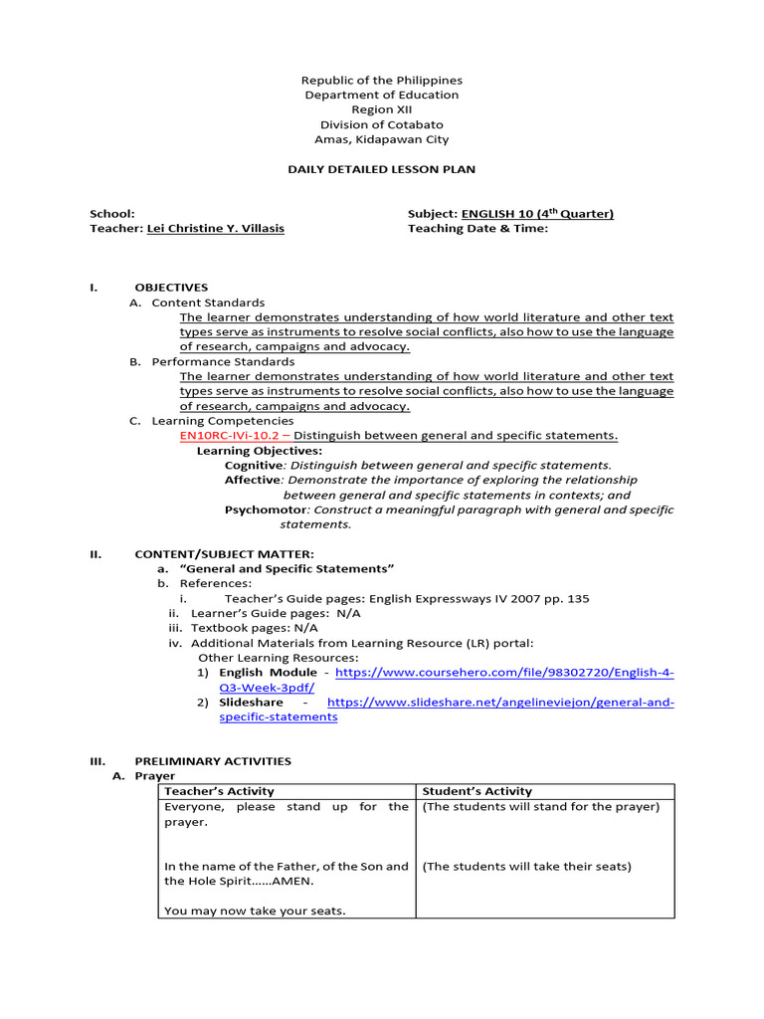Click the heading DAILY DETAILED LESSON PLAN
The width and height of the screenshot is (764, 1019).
382,169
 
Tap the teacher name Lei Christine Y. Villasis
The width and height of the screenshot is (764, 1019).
215,228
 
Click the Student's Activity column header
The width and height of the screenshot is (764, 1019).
477,791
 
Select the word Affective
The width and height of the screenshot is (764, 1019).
253,480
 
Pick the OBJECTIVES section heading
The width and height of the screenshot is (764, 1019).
171,287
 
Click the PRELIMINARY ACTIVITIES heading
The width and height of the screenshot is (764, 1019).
213,761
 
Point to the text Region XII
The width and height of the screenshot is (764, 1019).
382,109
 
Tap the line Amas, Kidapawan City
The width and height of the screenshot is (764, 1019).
382,139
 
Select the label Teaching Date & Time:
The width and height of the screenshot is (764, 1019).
477,228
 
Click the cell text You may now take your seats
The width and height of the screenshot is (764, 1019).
255,911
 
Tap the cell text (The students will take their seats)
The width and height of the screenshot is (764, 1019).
526,866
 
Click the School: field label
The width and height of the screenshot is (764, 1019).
112,214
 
